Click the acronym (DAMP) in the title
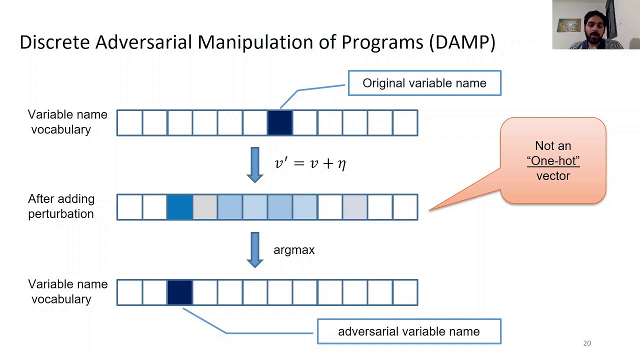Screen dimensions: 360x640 point(462,42)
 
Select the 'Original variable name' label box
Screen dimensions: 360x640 point(424,83)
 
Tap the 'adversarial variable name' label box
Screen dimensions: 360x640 point(409,331)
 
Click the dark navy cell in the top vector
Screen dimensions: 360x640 point(279,123)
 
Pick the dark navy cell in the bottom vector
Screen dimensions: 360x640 point(179,292)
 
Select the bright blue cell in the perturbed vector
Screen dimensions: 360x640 point(179,207)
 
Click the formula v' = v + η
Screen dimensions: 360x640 point(310,163)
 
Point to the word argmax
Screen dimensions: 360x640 point(294,250)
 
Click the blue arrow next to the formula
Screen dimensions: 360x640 point(255,164)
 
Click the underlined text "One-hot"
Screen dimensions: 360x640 point(553,161)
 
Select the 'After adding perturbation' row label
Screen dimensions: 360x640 point(61,206)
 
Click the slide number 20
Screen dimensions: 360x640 point(587,343)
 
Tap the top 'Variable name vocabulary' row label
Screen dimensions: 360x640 point(67,122)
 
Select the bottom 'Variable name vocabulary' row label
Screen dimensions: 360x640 point(67,291)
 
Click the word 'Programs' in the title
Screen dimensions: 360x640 point(382,42)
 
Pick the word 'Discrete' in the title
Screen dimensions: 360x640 point(54,42)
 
